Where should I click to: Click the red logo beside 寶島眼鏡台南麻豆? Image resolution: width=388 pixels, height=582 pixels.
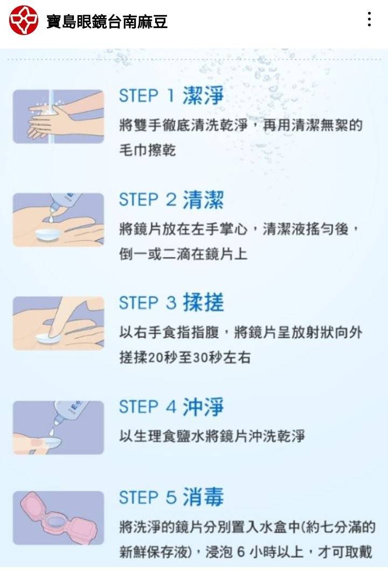(23, 20)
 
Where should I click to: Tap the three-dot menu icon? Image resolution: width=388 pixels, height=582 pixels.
(369, 19)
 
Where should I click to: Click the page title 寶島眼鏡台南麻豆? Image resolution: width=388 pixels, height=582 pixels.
(107, 22)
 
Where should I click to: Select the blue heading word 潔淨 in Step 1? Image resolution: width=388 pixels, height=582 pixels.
(203, 96)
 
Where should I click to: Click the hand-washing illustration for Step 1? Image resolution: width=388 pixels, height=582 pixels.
(58, 117)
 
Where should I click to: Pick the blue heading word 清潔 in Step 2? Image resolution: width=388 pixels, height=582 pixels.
(203, 200)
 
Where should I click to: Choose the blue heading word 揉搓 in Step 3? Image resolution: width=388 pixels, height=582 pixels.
(203, 303)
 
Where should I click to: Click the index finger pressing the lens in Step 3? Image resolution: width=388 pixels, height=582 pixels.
(61, 316)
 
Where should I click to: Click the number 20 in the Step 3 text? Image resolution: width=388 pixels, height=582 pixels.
(155, 358)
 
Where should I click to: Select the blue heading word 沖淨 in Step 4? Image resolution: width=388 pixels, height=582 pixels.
(203, 407)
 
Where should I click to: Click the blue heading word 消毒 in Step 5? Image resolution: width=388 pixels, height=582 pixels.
(203, 497)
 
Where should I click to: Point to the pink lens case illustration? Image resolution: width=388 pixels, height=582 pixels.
(58, 518)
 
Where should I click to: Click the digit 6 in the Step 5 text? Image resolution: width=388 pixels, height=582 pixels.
(241, 552)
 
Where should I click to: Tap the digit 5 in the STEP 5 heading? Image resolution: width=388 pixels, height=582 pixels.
(171, 497)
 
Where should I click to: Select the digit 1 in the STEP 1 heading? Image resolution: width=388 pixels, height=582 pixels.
(170, 96)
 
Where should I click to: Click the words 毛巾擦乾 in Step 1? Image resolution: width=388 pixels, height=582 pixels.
(147, 150)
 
